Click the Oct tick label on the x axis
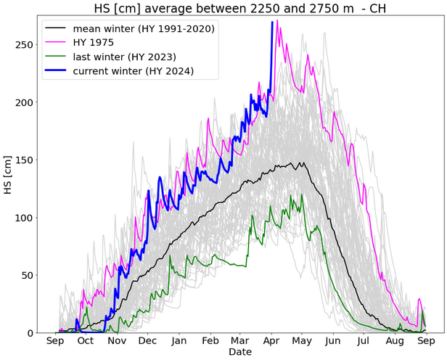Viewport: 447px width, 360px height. click(85, 340)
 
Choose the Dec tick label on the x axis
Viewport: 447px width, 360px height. click(147, 340)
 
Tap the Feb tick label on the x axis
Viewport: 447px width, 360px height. click(210, 340)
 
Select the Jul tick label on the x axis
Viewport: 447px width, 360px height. click(364, 340)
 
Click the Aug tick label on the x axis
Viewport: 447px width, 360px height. click(395, 340)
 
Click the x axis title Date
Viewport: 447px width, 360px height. click(239, 352)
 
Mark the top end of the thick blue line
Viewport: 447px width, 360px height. click(272, 22)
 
